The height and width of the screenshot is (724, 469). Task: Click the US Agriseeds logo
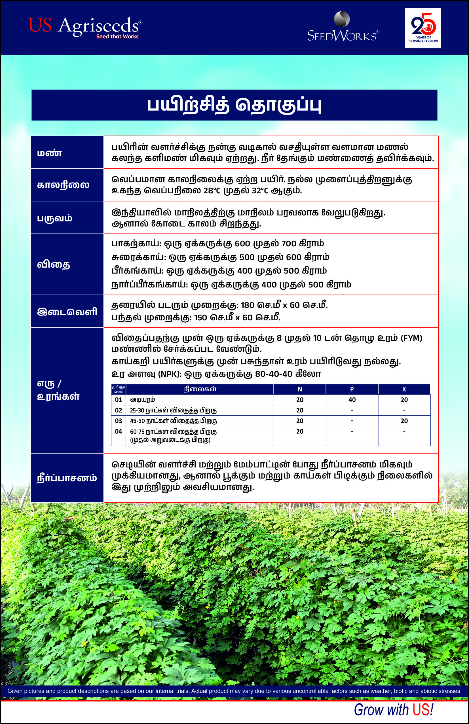pos(85,27)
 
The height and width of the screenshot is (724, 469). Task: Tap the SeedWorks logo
pos(343,28)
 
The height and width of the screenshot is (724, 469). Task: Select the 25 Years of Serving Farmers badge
pos(423,28)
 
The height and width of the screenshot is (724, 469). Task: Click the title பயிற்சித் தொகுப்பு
pos(234,105)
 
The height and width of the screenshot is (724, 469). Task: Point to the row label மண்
pos(49,153)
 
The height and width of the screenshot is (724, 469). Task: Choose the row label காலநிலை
pos(63,185)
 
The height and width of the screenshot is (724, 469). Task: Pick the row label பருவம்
pos(55,218)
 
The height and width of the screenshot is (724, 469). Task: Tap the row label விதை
pos(54,264)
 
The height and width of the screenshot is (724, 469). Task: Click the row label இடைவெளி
pos(67,312)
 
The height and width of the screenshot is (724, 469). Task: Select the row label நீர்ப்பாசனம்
pos(67,478)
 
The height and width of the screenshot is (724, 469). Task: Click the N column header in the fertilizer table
pos(299,389)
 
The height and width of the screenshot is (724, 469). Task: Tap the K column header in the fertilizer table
pos(404,389)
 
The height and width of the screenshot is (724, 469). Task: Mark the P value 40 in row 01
pos(352,400)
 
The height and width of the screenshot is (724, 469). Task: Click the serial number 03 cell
pos(119,421)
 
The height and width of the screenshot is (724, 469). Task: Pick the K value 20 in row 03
pos(404,421)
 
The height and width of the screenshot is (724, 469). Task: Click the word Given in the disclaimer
pos(15,691)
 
